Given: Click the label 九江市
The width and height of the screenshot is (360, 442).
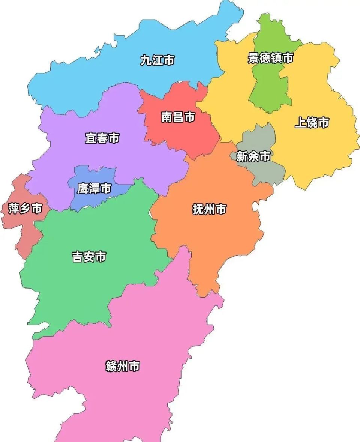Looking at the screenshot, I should (157, 60).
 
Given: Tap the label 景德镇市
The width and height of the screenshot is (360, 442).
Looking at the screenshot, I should (270, 58).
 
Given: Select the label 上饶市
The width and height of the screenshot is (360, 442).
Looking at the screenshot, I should (312, 122).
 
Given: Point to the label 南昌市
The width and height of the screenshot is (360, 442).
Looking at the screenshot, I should (178, 117).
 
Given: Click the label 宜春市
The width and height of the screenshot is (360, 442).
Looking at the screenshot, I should (102, 138).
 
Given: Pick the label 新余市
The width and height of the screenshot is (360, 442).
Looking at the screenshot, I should (253, 156).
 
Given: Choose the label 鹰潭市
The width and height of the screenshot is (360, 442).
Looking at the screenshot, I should (94, 188).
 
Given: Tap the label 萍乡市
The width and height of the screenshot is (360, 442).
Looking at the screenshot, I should (25, 208).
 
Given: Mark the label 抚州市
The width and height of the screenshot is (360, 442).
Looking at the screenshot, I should (209, 209).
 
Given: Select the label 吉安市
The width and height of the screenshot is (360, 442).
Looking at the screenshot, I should (89, 257).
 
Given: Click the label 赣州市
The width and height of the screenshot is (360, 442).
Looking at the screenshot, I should (123, 366).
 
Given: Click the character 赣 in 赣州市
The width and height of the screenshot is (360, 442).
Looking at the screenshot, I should (111, 366).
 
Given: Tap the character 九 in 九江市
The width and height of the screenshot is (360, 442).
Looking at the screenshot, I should (146, 60).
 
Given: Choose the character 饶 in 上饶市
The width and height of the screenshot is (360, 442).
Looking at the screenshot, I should (312, 122).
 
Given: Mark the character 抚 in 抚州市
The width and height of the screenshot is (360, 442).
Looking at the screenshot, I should (198, 209).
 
